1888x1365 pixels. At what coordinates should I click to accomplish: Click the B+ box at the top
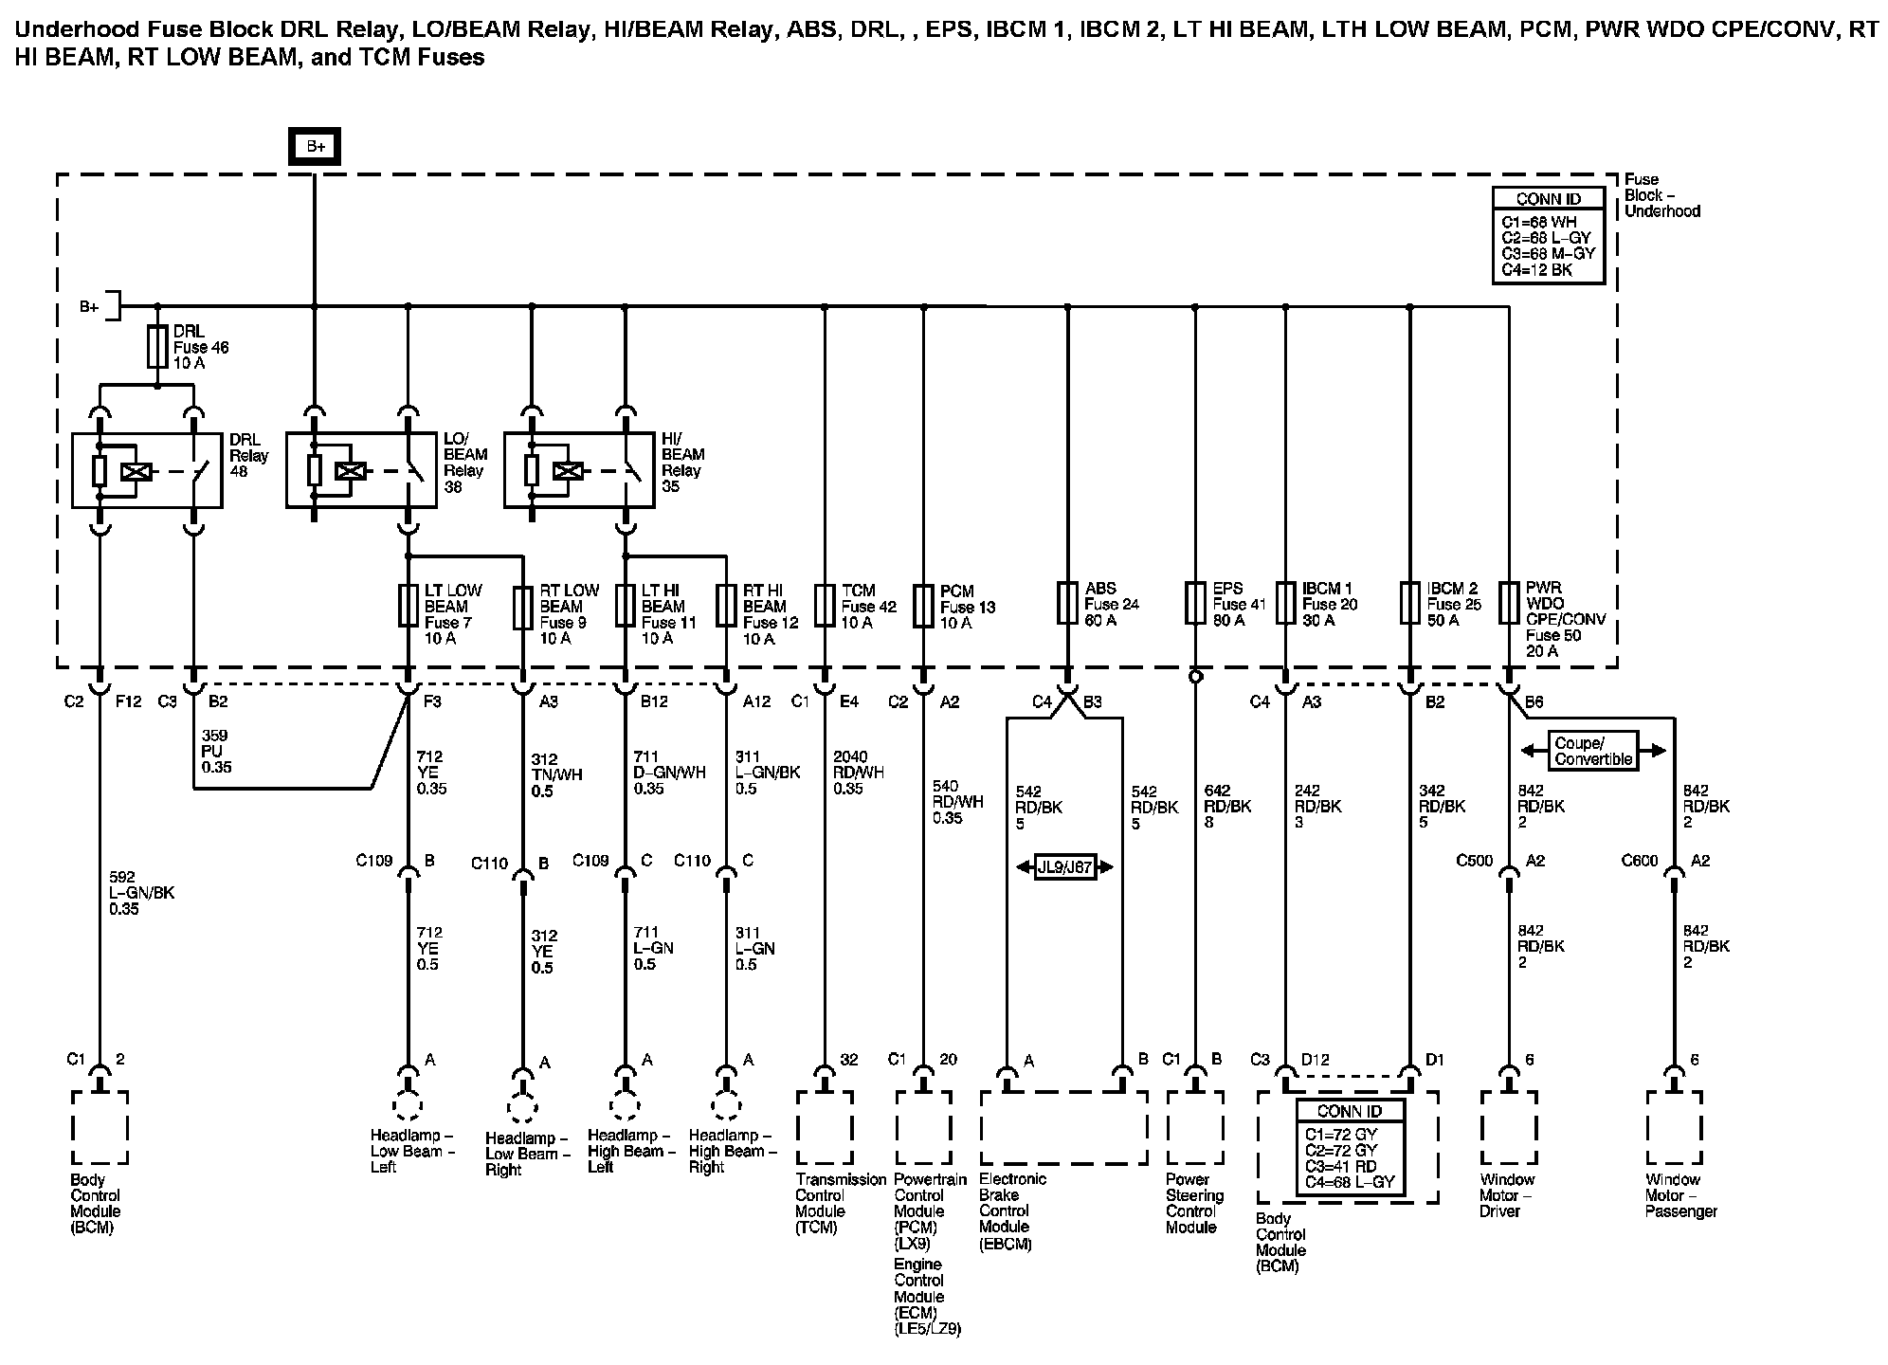click(315, 147)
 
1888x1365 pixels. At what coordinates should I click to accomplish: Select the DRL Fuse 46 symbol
click(157, 347)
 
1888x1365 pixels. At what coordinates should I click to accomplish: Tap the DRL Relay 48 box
click(147, 470)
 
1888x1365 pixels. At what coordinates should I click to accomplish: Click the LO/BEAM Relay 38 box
click(360, 470)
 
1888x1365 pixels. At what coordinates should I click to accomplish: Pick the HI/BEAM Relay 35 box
click(578, 470)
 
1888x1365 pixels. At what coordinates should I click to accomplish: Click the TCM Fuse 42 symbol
click(825, 606)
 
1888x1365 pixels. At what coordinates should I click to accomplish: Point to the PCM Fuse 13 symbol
click(924, 606)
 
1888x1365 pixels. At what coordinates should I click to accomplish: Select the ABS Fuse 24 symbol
click(1068, 604)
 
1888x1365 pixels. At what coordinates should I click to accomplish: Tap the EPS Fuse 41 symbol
click(1195, 604)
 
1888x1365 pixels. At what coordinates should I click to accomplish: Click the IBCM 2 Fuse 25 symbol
click(1410, 604)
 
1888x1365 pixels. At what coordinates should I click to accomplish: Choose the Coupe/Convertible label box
click(1593, 751)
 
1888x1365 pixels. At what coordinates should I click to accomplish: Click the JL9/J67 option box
click(1064, 866)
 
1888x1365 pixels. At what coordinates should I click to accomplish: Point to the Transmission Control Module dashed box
click(825, 1126)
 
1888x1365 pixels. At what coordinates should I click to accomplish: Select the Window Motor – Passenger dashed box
click(1675, 1126)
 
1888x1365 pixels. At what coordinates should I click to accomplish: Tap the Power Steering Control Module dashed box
click(1194, 1126)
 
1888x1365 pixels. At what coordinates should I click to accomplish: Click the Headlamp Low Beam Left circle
click(408, 1106)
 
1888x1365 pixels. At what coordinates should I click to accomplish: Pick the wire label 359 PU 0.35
click(216, 751)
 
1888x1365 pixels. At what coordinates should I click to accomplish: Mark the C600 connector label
click(1640, 861)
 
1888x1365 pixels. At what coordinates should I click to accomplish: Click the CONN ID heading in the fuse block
click(1548, 199)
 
